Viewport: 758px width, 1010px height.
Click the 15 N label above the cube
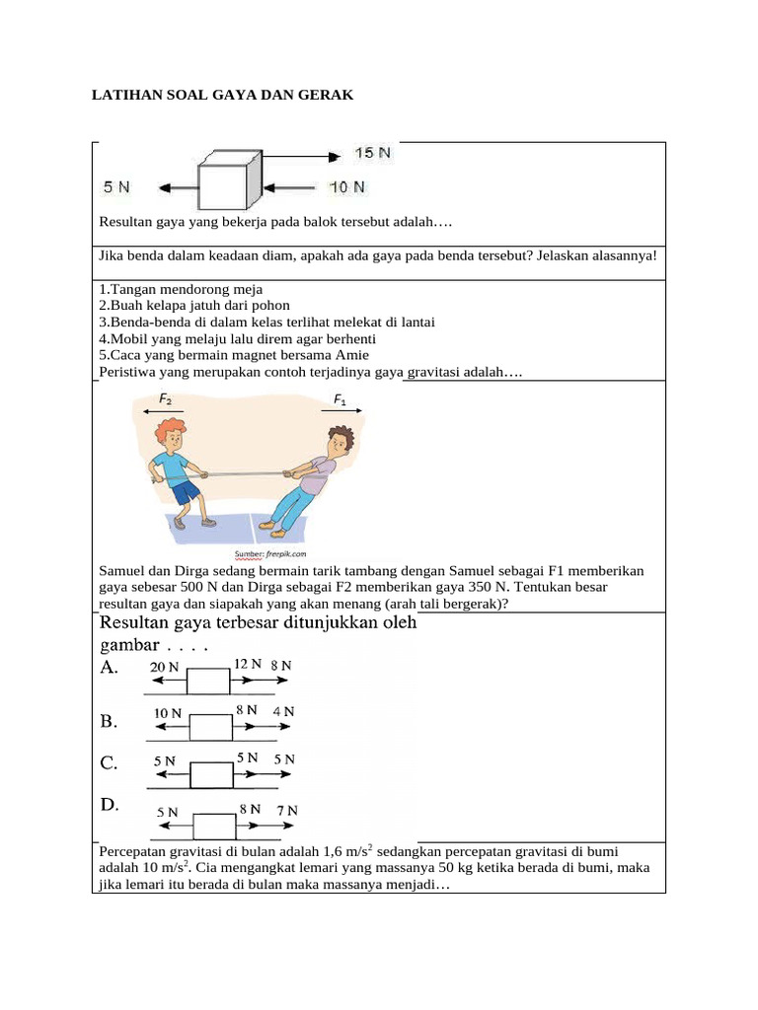pos(372,153)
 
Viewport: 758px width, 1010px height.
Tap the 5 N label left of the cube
pos(117,185)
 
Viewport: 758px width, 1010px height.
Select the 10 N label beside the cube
pos(346,185)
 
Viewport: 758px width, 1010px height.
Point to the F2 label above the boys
pos(164,398)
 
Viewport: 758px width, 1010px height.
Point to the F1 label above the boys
pos(340,398)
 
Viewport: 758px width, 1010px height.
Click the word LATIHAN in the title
pos(124,95)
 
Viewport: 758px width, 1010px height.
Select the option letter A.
pos(110,668)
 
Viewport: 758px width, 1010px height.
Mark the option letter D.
pos(110,805)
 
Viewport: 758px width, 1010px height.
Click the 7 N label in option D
pos(286,810)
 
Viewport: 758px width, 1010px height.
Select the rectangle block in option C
pos(211,774)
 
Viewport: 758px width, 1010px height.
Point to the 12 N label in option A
pos(247,664)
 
